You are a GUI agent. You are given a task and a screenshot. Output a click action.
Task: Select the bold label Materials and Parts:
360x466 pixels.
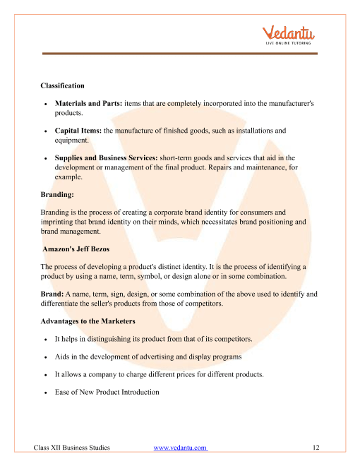click(x=88, y=103)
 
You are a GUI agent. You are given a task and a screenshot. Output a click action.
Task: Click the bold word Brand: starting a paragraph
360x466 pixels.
click(x=53, y=304)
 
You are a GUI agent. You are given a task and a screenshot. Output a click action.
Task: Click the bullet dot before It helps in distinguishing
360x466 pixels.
click(x=45, y=340)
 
